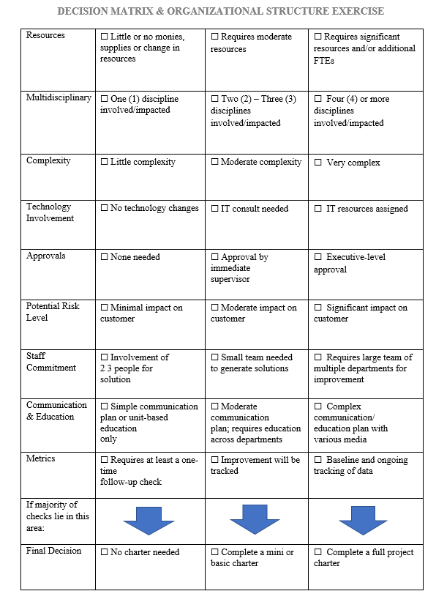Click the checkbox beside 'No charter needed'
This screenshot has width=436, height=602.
[104, 552]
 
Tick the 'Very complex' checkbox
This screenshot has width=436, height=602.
[318, 163]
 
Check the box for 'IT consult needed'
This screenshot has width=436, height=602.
[214, 209]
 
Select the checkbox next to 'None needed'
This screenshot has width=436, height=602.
[104, 257]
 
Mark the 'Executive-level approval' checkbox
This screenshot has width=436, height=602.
[318, 257]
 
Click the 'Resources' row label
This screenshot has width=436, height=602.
[45, 35]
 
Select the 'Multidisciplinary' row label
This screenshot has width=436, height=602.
[59, 97]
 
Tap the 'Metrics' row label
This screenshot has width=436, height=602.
[41, 458]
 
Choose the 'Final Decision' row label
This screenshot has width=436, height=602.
[54, 551]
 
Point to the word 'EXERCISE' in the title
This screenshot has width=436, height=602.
[356, 11]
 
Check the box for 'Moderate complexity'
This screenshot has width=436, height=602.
[214, 163]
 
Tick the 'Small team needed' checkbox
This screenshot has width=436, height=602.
[214, 357]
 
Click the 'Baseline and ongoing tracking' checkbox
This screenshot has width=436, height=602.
[318, 461]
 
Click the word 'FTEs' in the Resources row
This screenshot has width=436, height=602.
[325, 61]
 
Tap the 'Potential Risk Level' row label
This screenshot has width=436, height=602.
[53, 312]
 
